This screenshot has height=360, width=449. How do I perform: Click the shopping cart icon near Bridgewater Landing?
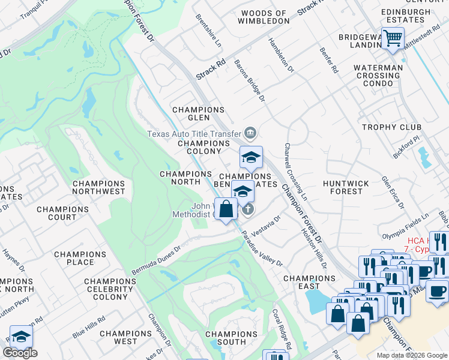click(x=393, y=38)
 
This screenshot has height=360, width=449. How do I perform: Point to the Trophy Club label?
click(x=388, y=127)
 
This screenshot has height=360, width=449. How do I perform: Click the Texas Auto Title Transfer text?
click(x=194, y=133)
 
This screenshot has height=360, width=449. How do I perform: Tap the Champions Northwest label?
click(x=98, y=187)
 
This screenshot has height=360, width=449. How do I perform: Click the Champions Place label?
click(x=80, y=258)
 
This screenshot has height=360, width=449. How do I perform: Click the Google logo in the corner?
click(x=20, y=353)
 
